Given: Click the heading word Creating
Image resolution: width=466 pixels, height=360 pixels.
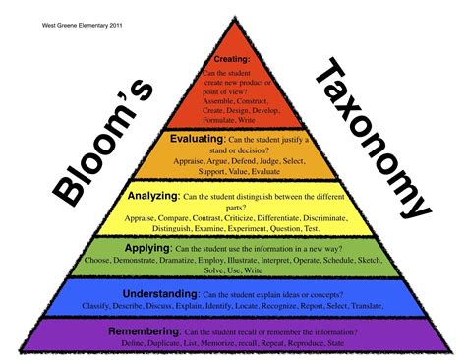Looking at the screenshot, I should [x=231, y=59].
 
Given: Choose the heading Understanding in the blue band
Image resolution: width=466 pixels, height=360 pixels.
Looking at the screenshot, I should [x=147, y=293].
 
